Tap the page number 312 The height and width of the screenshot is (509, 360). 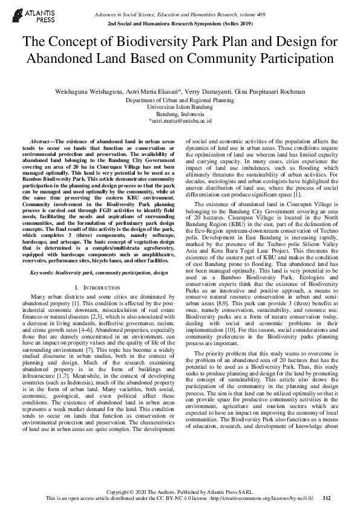click(x=327, y=499)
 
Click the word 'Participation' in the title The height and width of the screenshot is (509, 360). click(x=295, y=59)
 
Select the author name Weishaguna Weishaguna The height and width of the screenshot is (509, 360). click(x=87, y=92)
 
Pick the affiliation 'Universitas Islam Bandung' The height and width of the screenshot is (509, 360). click(x=180, y=107)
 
